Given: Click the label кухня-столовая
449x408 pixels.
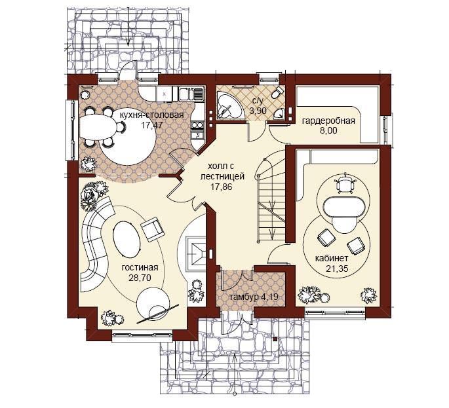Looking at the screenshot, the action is (x=151, y=115).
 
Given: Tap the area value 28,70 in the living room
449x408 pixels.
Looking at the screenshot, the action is (x=140, y=278).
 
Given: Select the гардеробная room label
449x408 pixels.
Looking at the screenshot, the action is (x=328, y=121).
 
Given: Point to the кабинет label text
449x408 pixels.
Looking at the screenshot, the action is (x=332, y=259).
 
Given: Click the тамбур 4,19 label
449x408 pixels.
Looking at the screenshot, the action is (x=253, y=297).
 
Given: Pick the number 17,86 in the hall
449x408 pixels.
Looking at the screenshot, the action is (x=222, y=187).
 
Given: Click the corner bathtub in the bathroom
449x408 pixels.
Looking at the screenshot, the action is (x=229, y=105).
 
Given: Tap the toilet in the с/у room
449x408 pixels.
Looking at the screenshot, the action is (x=277, y=93).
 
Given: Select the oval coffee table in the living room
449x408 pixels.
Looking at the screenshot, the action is (x=127, y=236).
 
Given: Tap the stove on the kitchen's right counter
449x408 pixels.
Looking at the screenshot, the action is (x=197, y=124).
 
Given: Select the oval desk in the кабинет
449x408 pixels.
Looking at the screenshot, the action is (x=344, y=206).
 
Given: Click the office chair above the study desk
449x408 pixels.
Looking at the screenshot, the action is (x=345, y=184).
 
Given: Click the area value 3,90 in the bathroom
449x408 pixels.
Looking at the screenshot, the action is (x=258, y=111).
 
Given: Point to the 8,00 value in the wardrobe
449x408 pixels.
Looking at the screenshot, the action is (x=328, y=131).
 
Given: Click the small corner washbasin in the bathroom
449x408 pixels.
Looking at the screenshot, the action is (x=279, y=113).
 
